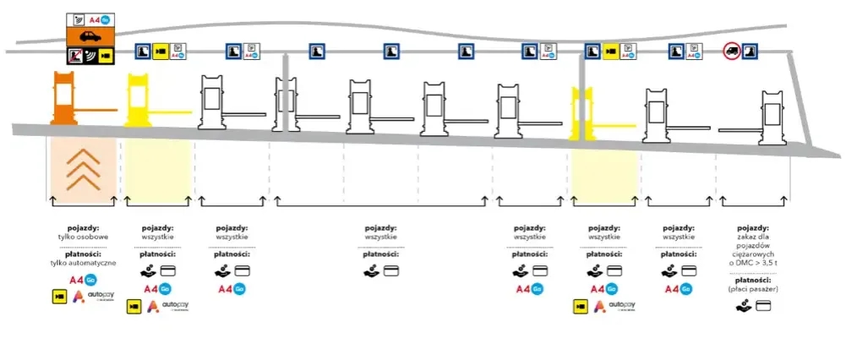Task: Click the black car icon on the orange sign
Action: point(88,38)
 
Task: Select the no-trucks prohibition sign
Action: point(733,52)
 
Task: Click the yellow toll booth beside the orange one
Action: point(141,100)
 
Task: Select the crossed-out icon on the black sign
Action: point(77,57)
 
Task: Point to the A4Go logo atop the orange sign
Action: point(101,19)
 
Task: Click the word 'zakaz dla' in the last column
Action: point(752,237)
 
